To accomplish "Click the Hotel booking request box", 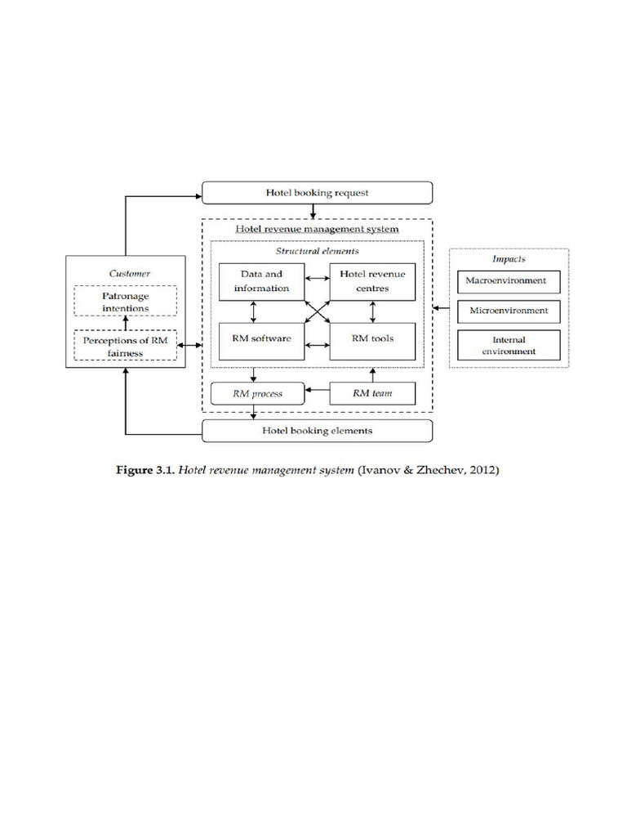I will click(317, 193).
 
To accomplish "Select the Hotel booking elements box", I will click(317, 430).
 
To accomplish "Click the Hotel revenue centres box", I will click(372, 281).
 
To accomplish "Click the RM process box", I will click(257, 394).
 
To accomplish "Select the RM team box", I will click(372, 394).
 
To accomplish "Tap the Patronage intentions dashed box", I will click(125, 301).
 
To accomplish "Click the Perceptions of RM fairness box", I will click(125, 346).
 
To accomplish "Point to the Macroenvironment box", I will click(509, 281).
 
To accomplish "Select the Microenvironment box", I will click(509, 311).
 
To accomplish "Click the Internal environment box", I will click(509, 345).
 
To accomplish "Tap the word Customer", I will click(130, 273).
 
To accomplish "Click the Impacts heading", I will click(509, 258).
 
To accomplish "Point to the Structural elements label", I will click(317, 252).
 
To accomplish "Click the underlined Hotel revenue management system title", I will click(317, 229).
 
